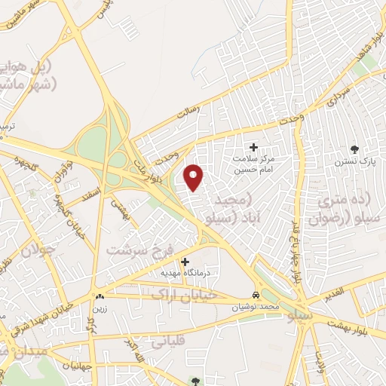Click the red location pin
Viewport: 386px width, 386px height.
[195, 176]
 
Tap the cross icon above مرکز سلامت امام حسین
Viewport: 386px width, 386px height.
[253, 147]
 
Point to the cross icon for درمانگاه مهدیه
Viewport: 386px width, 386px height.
[185, 262]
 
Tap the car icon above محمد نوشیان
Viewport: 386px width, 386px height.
[257, 295]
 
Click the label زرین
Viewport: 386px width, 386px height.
[100, 308]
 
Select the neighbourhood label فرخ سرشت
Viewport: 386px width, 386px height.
[141, 250]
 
